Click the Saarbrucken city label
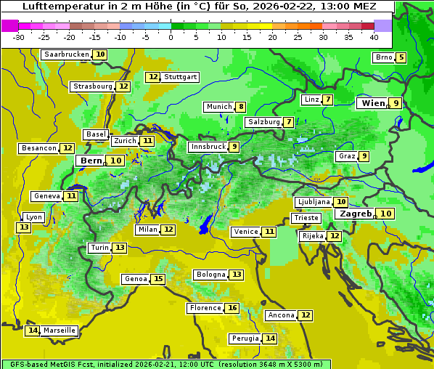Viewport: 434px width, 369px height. [67, 54]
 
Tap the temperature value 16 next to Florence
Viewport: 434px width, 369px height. [232, 308]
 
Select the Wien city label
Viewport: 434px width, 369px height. [374, 103]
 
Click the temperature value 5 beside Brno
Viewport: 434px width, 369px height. [401, 57]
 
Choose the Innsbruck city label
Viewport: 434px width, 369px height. [208, 147]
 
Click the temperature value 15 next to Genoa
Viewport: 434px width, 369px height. [158, 279]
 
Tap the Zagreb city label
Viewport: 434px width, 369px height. [356, 214]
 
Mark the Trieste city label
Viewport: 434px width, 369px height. [306, 218]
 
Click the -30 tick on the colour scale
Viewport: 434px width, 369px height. [19, 37]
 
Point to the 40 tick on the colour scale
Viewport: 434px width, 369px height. [374, 37]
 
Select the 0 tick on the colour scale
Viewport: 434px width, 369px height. [171, 37]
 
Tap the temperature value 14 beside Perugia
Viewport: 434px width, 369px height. [270, 338]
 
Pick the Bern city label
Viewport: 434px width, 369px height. [91, 161]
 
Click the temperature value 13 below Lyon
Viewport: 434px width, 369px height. [24, 227]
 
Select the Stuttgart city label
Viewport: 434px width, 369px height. [180, 77]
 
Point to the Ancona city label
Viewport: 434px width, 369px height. [281, 315]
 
